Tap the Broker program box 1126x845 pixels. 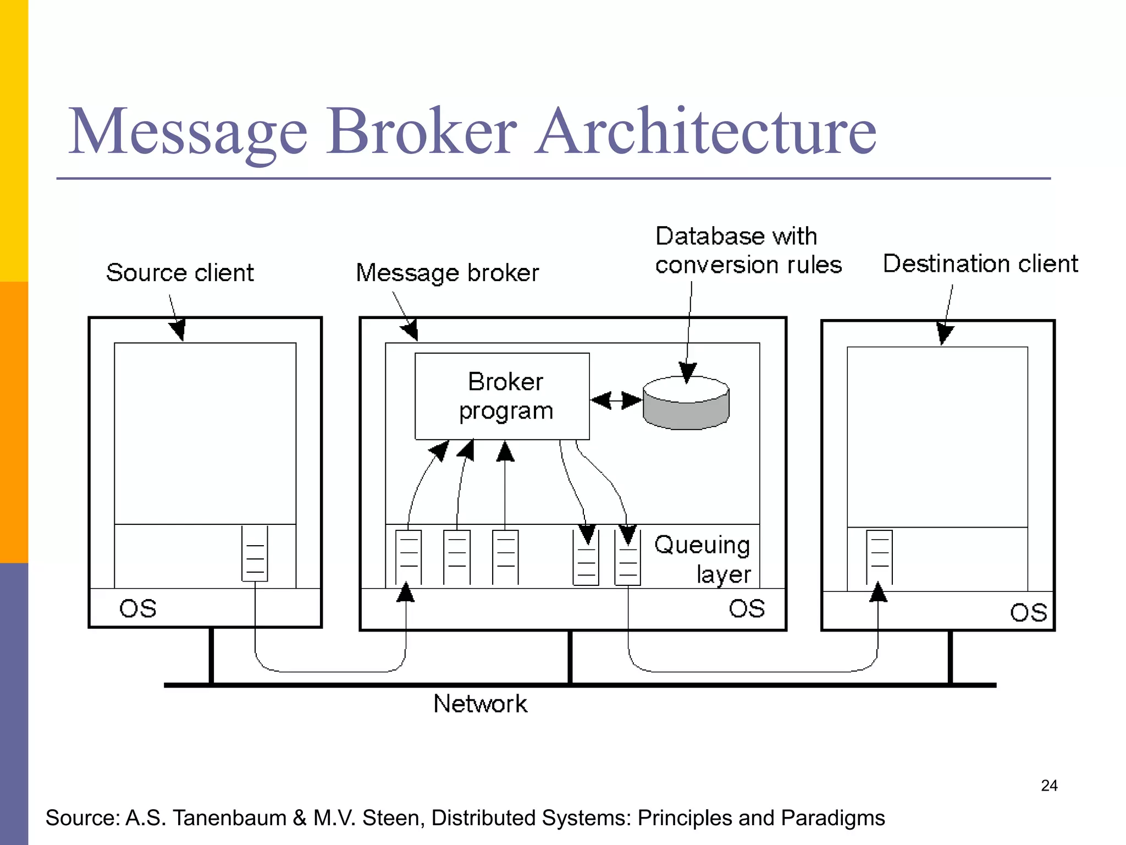pos(502,396)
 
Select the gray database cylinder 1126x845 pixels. pos(686,404)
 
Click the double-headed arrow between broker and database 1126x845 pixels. pos(616,400)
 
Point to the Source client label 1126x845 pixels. pos(180,273)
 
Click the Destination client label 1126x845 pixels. pos(980,264)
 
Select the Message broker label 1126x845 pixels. pos(447,273)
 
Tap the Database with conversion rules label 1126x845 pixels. pos(748,250)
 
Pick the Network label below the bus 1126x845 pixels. pos(480,704)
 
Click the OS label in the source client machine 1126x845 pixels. pos(138,608)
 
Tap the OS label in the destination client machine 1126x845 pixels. pos(1028,612)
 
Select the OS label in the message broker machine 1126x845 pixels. pos(747,608)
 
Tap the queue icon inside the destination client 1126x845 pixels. pos(879,557)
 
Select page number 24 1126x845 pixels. pos(1049,785)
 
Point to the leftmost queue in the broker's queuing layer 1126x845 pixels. pos(409,557)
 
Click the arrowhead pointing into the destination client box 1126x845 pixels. pos(945,333)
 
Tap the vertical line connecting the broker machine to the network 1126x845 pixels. pos(570,657)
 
